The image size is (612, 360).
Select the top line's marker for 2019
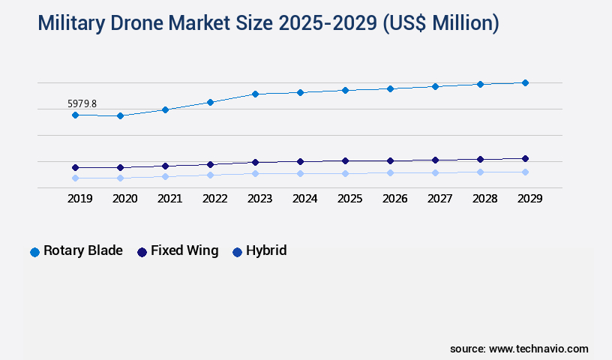(x=75, y=115)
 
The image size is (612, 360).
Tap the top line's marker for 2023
(x=255, y=94)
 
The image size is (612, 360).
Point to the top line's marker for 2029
(x=525, y=82)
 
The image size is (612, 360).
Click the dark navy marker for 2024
(x=300, y=161)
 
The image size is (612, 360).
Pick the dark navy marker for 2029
(x=525, y=158)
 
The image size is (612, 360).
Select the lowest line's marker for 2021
(x=165, y=176)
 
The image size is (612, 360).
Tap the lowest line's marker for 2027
(x=435, y=172)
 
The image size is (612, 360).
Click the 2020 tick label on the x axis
(x=124, y=199)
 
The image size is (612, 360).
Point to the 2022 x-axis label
(x=214, y=199)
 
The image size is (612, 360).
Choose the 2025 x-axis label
(x=349, y=199)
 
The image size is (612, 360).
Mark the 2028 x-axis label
(x=484, y=199)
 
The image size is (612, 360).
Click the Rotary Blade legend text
(x=82, y=251)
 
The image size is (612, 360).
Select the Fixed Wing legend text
(x=184, y=251)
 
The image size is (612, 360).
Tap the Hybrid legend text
(x=266, y=251)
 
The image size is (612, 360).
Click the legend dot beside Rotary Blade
(x=34, y=252)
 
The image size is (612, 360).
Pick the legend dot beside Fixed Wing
(x=142, y=252)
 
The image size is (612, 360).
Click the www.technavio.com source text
(x=538, y=349)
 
